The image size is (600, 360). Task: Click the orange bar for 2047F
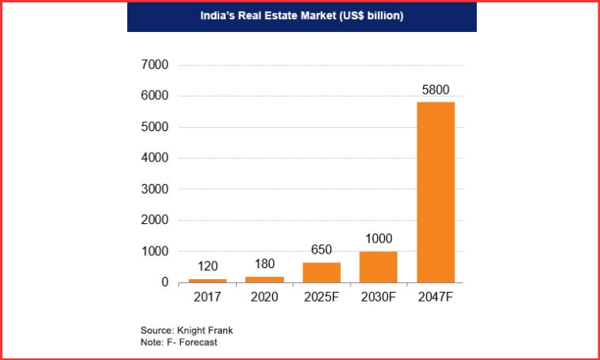pos(435,192)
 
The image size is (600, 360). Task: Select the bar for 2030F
pos(378,267)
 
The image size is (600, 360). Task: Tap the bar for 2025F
pos(322,273)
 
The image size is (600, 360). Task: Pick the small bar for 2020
pos(265,279)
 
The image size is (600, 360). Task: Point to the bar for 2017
pos(208,281)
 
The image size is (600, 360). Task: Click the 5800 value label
pos(435,89)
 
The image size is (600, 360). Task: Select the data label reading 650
pos(322,250)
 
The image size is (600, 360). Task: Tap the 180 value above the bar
pos(265,264)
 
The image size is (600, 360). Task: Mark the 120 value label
pos(208,266)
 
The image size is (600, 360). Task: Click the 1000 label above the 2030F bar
pos(378,238)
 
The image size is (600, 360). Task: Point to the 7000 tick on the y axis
pos(155,65)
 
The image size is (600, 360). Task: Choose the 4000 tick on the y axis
pos(155,158)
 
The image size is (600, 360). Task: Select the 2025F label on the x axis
pos(322,299)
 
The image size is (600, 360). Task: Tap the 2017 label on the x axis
pos(208,299)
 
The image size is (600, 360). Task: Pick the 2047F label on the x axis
pos(435,299)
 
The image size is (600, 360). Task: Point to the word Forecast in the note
pos(199,342)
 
